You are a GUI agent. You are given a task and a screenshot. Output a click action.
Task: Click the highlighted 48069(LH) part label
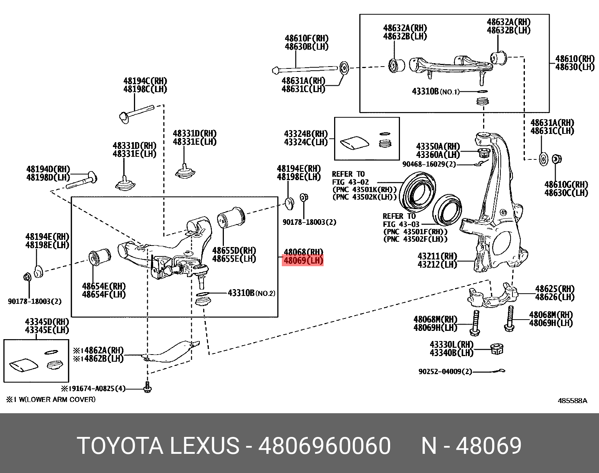coord(303,260)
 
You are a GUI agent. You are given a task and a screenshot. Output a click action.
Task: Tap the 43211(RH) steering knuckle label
coord(437,256)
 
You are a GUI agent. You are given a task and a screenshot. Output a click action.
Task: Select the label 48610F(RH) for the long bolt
coord(306,38)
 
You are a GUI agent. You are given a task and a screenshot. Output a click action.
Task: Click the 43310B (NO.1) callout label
coord(436,91)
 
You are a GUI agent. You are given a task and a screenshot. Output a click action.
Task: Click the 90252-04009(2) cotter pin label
coord(445,371)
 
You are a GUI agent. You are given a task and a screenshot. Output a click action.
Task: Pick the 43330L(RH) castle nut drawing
coord(497,349)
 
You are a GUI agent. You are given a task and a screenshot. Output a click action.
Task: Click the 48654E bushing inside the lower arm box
coord(99,258)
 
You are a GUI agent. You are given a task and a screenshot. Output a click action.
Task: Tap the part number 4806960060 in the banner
coord(324,446)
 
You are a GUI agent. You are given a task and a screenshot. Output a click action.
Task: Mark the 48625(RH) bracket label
coord(555,289)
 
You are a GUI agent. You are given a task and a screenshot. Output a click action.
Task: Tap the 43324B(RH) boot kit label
coord(306,134)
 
